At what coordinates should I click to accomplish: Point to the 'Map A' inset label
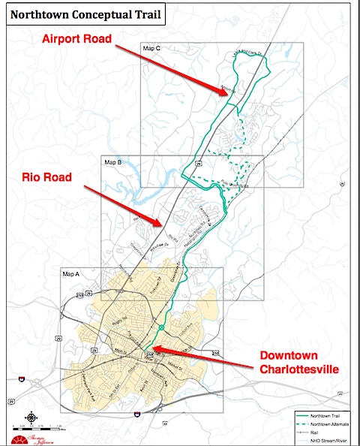(x=69, y=274)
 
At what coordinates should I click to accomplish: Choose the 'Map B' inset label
(x=112, y=161)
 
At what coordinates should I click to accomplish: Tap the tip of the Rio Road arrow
(x=162, y=224)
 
